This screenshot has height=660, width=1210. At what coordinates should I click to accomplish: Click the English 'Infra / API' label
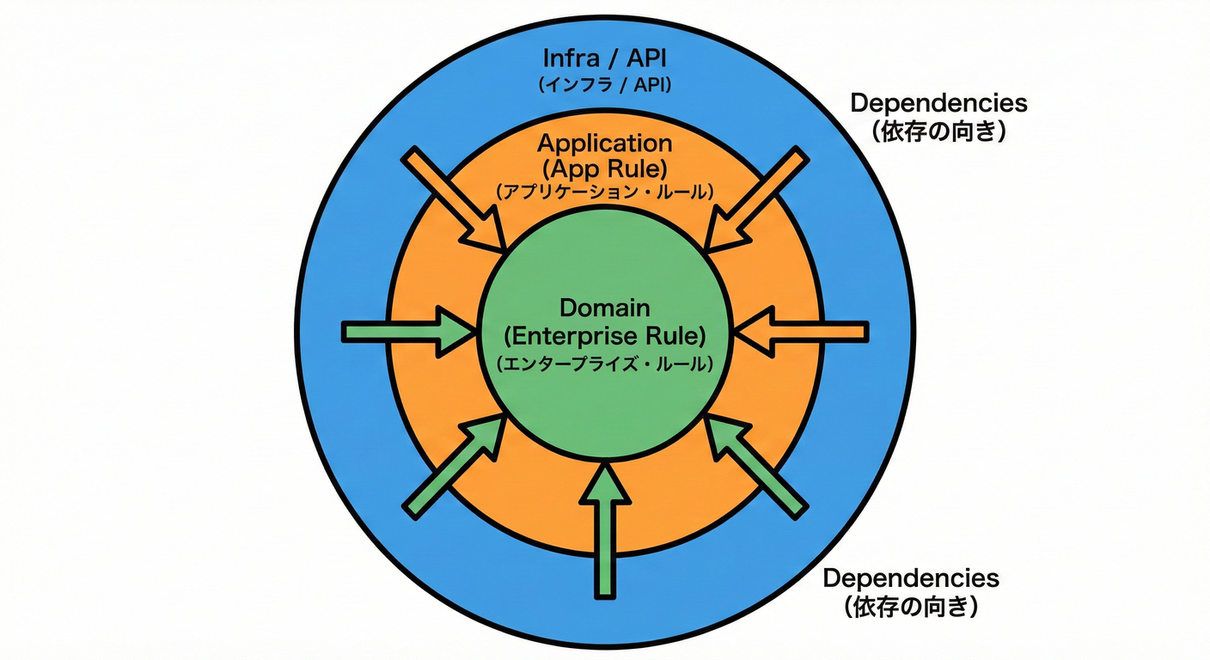[605, 59]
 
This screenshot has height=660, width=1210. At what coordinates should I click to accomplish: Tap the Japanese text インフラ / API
[605, 85]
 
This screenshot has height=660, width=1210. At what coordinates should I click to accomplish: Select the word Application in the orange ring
[605, 143]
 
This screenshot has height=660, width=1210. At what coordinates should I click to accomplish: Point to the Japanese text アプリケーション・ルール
[605, 192]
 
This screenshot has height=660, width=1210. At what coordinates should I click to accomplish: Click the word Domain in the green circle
[605, 308]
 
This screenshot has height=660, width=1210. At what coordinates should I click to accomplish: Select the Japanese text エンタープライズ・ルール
[605, 363]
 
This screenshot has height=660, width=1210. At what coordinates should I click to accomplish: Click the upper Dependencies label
[938, 103]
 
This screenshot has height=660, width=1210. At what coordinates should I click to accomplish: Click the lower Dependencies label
[911, 578]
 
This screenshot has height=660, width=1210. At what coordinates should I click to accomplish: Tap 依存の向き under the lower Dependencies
[911, 608]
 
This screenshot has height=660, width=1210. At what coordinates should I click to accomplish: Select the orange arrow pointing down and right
[455, 202]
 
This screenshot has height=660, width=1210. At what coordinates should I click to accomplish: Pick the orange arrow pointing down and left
[755, 201]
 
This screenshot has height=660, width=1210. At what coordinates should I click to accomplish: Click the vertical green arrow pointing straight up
[606, 529]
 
